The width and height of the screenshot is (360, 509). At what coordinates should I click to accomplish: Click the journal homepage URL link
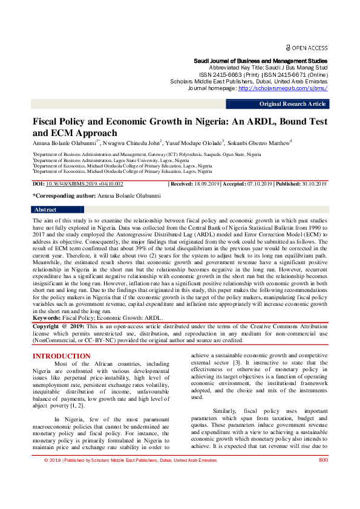pyautogui.click(x=283, y=88)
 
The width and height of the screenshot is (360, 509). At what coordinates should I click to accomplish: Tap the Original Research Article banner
pyautogui.click(x=293, y=104)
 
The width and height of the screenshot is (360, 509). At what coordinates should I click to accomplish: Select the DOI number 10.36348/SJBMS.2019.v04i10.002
pyautogui.click(x=85, y=184)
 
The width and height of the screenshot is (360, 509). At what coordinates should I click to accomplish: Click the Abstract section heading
pyautogui.click(x=46, y=210)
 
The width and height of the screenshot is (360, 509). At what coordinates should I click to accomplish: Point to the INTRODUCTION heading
pyautogui.click(x=62, y=356)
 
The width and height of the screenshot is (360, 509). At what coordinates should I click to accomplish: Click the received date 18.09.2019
pyautogui.click(x=206, y=184)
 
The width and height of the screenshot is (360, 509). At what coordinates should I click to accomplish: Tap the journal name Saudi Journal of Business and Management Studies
pyautogui.click(x=260, y=61)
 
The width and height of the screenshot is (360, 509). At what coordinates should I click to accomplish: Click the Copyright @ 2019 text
pyautogui.click(x=59, y=326)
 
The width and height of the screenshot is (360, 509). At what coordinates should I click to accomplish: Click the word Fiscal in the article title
pyautogui.click(x=48, y=122)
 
